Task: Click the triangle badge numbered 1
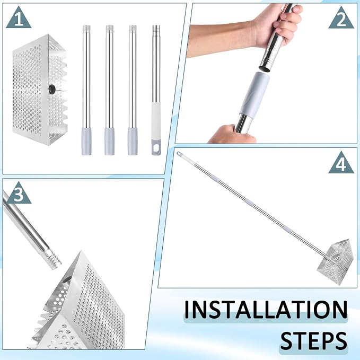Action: point(19,18)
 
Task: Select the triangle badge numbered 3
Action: point(19,194)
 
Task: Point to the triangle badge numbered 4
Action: point(341,163)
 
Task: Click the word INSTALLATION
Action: point(266,310)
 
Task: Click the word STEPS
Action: point(314,340)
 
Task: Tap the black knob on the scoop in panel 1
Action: point(52,89)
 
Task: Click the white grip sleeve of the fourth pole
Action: point(156,121)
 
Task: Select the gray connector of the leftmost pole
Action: point(86,142)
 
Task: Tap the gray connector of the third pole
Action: point(133,142)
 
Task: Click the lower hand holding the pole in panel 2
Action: point(231,135)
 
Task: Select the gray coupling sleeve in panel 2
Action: point(254,95)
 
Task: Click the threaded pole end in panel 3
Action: point(53,260)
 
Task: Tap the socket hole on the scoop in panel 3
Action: point(67,280)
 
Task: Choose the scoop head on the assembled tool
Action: point(335,262)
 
